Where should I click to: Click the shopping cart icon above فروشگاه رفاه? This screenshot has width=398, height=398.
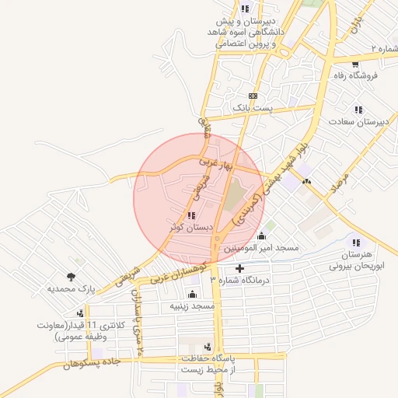point(355,63)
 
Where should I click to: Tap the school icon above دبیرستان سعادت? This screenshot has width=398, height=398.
point(358,110)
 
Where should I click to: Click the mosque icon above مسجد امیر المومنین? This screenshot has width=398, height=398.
point(261,236)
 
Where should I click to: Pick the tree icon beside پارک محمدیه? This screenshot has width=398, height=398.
point(72,276)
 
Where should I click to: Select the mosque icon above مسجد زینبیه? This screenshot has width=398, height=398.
point(193,294)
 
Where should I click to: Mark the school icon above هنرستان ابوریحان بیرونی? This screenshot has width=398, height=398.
point(357,243)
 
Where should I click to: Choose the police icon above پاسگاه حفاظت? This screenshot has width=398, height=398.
point(208,347)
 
